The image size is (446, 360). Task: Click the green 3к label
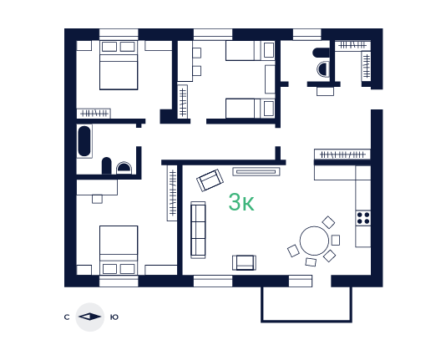241,202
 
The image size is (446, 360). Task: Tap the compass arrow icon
90,317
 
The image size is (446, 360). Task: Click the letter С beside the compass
67,317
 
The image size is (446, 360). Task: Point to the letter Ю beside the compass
114,317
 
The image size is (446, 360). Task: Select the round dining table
314,241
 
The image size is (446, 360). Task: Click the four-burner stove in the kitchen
363,218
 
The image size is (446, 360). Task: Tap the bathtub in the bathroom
84,141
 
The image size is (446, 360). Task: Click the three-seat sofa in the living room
198,230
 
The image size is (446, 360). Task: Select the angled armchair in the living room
210,180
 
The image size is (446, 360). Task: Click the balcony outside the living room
307,304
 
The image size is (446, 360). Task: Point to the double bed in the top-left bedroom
119,65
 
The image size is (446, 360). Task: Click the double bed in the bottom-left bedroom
119,251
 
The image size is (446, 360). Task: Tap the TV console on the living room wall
256,171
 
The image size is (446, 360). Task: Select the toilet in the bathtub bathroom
106,165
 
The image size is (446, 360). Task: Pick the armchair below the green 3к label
244,262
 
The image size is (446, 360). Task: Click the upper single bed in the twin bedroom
251,51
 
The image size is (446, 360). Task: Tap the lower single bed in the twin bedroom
251,109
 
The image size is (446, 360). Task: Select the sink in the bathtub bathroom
124,168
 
